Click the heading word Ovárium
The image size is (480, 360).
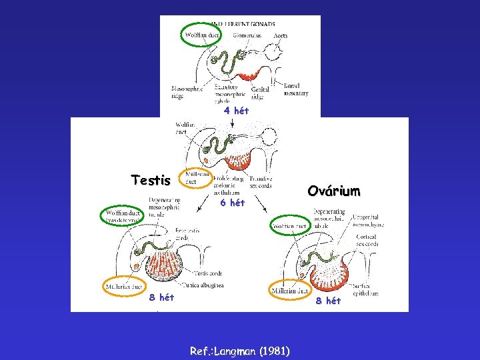(x=333, y=191)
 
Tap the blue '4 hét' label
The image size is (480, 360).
(x=236, y=111)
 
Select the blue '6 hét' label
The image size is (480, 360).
(x=233, y=203)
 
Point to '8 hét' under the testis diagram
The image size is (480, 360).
(x=161, y=297)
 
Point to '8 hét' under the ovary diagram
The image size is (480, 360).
(x=328, y=301)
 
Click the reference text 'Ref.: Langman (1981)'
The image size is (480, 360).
(x=239, y=351)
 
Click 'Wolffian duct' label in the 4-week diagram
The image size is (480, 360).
(x=202, y=35)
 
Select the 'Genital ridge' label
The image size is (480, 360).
(x=261, y=93)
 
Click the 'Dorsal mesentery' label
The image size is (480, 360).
(x=295, y=89)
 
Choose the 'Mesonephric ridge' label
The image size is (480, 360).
(x=187, y=92)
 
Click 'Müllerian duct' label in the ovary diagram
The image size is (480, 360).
(x=291, y=291)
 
